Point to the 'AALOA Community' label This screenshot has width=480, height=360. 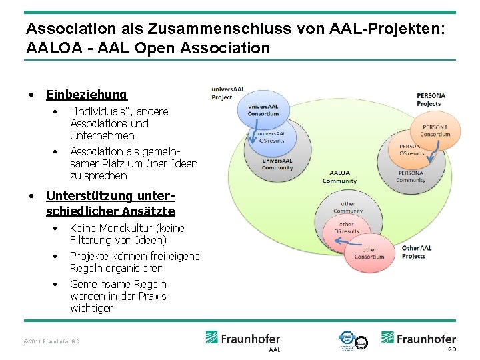(x=339, y=177)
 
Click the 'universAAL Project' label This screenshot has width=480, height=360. (x=222, y=93)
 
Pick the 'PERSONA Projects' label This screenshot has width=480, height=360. (x=430, y=99)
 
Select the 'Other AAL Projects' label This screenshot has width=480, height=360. (x=416, y=252)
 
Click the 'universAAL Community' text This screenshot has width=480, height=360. (x=277, y=164)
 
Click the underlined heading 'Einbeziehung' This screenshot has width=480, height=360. (x=87, y=95)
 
